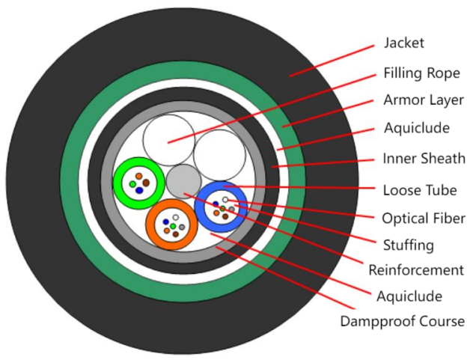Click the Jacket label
(x=404, y=42)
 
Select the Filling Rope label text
(x=421, y=73)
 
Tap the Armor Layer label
(x=424, y=100)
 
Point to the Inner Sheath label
(x=424, y=159)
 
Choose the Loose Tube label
(x=419, y=189)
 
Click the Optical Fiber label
(x=424, y=219)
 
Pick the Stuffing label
(x=407, y=245)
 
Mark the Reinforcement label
(x=416, y=270)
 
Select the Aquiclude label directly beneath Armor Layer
(x=416, y=128)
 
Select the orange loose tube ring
(x=153, y=225)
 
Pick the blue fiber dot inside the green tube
(x=139, y=191)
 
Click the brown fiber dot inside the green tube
(x=147, y=183)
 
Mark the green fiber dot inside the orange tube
(x=173, y=226)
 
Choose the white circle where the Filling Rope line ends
(x=169, y=140)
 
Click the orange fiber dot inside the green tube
(x=139, y=176)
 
